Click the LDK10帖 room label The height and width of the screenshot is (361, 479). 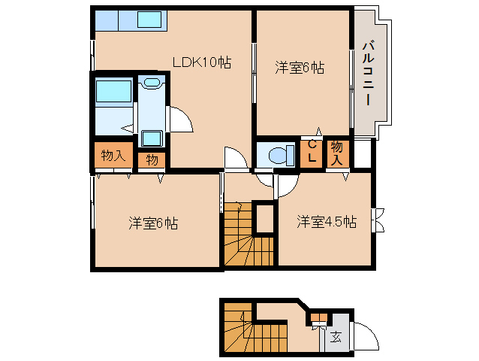coord(201,63)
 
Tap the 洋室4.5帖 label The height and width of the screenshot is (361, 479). coord(326,222)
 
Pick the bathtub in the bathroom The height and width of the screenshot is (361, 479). coord(113,93)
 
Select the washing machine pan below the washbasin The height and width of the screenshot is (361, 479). coord(152,138)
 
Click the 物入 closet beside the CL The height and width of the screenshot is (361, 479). coord(337,153)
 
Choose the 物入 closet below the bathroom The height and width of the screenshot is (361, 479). coord(113,156)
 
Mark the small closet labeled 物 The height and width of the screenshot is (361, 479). coord(152,159)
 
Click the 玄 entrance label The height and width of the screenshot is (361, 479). coord(336,337)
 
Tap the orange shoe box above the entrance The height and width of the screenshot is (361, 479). coord(320,317)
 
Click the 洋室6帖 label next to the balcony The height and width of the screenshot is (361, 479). coord(299,68)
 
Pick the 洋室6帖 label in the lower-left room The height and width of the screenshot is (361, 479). coord(153,223)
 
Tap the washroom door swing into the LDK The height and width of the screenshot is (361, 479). coord(180,119)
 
